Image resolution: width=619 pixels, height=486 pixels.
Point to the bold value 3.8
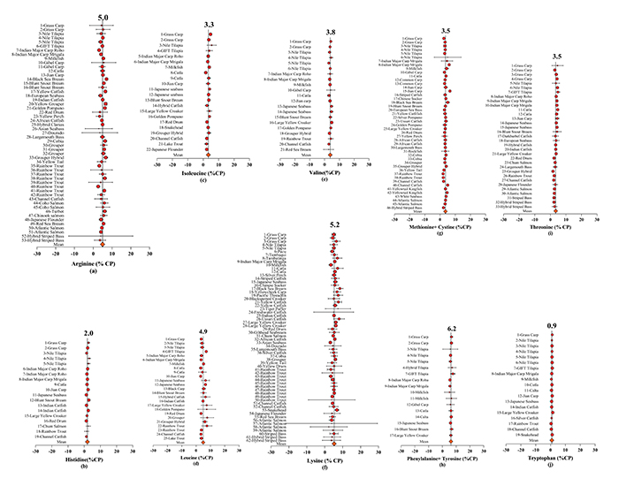click(x=330, y=32)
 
